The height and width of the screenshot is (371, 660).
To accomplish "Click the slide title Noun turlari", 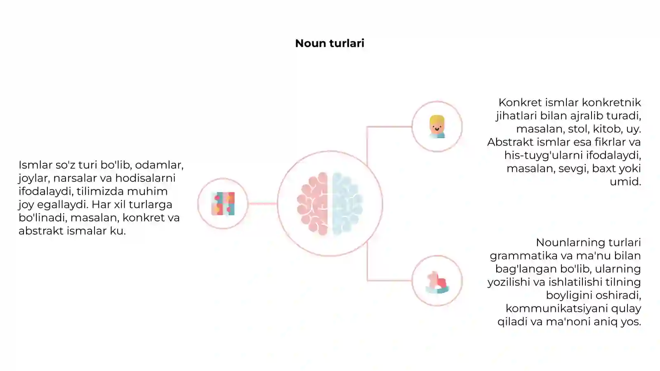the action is point(330,43).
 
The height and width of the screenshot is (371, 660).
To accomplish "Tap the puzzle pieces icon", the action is point(223,204).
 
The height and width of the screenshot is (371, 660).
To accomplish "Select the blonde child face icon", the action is point(437,127).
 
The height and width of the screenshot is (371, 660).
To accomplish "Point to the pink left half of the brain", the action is point(313,204).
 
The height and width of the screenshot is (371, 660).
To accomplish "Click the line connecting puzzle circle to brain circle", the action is point(262,204).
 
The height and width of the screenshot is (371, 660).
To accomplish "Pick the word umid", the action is point(625,182).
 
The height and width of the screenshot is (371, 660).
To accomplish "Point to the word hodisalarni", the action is point(145,178).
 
